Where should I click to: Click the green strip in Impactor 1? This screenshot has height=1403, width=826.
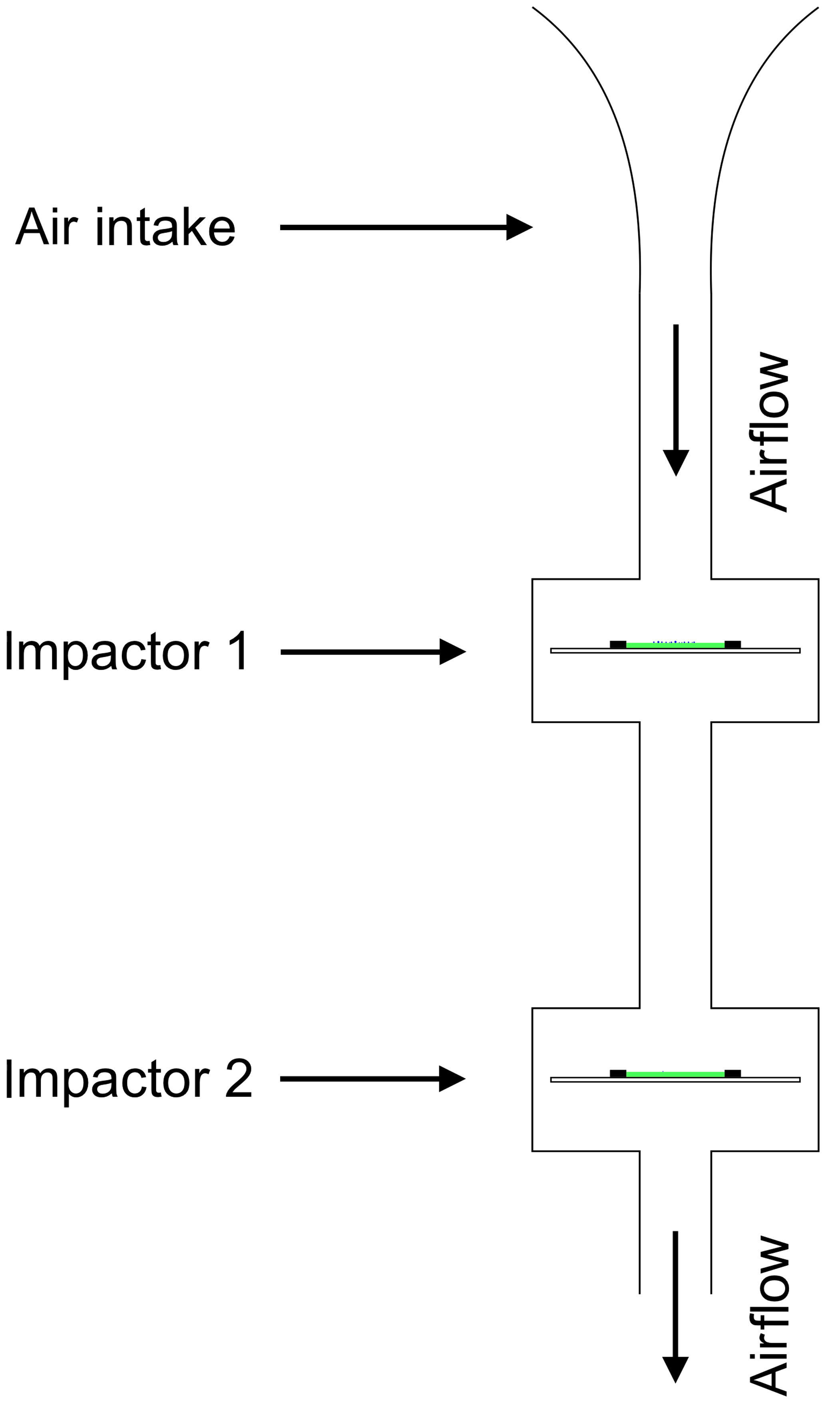tap(675, 645)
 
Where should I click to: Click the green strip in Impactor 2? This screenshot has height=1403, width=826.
tap(675, 1074)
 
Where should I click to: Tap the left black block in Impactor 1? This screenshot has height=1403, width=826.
tap(618, 644)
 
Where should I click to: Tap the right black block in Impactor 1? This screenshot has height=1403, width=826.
tap(732, 644)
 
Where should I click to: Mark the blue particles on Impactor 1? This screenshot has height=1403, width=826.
tap(673, 641)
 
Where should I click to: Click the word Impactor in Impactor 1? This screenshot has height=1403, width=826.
tap(106, 651)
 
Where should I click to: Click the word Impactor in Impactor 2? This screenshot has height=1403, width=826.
tap(106, 1079)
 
